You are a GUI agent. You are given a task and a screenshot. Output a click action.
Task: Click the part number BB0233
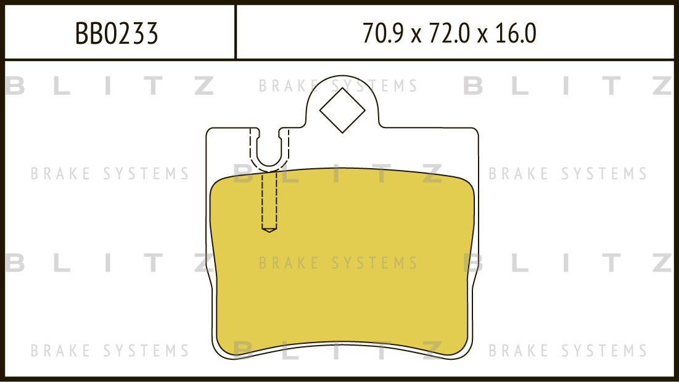click(x=117, y=33)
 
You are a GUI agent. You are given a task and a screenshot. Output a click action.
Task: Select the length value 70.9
click(x=383, y=33)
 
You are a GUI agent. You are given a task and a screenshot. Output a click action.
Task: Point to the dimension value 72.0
click(x=449, y=33)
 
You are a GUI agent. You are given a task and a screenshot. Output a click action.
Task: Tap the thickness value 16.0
click(x=516, y=33)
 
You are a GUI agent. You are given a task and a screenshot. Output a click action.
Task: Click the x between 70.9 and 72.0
click(x=416, y=36)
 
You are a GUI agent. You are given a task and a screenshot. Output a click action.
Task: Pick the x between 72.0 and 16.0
click(x=482, y=36)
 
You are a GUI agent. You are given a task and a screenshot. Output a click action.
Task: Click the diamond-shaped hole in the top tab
click(x=342, y=110)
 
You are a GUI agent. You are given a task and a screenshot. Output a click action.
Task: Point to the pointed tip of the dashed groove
click(x=270, y=232)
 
